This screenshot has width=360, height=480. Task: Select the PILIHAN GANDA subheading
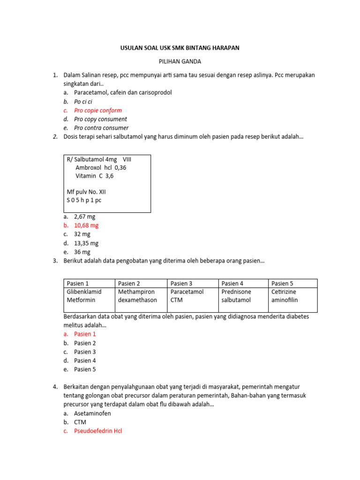point(180,61)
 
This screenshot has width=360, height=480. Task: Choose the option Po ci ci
point(83,101)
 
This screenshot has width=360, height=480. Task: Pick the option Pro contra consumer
point(101,128)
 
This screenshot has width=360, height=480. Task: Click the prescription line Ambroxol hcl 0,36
point(101,167)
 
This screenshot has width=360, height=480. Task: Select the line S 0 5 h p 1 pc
point(84,200)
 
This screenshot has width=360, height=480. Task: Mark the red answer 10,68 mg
point(86,225)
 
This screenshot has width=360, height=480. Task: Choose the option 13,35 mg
point(86,243)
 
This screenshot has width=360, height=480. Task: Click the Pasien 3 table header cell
point(181,283)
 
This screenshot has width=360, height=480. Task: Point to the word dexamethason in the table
point(138,300)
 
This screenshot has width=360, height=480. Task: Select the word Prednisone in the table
point(236,292)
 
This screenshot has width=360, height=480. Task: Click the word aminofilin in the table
point(285,300)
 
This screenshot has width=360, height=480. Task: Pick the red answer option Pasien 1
point(85,334)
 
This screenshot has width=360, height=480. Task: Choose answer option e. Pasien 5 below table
point(85,369)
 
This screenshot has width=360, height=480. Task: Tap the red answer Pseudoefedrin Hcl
point(97,431)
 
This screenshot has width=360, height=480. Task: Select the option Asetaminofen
point(92,413)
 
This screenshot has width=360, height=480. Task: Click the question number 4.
point(55,387)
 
